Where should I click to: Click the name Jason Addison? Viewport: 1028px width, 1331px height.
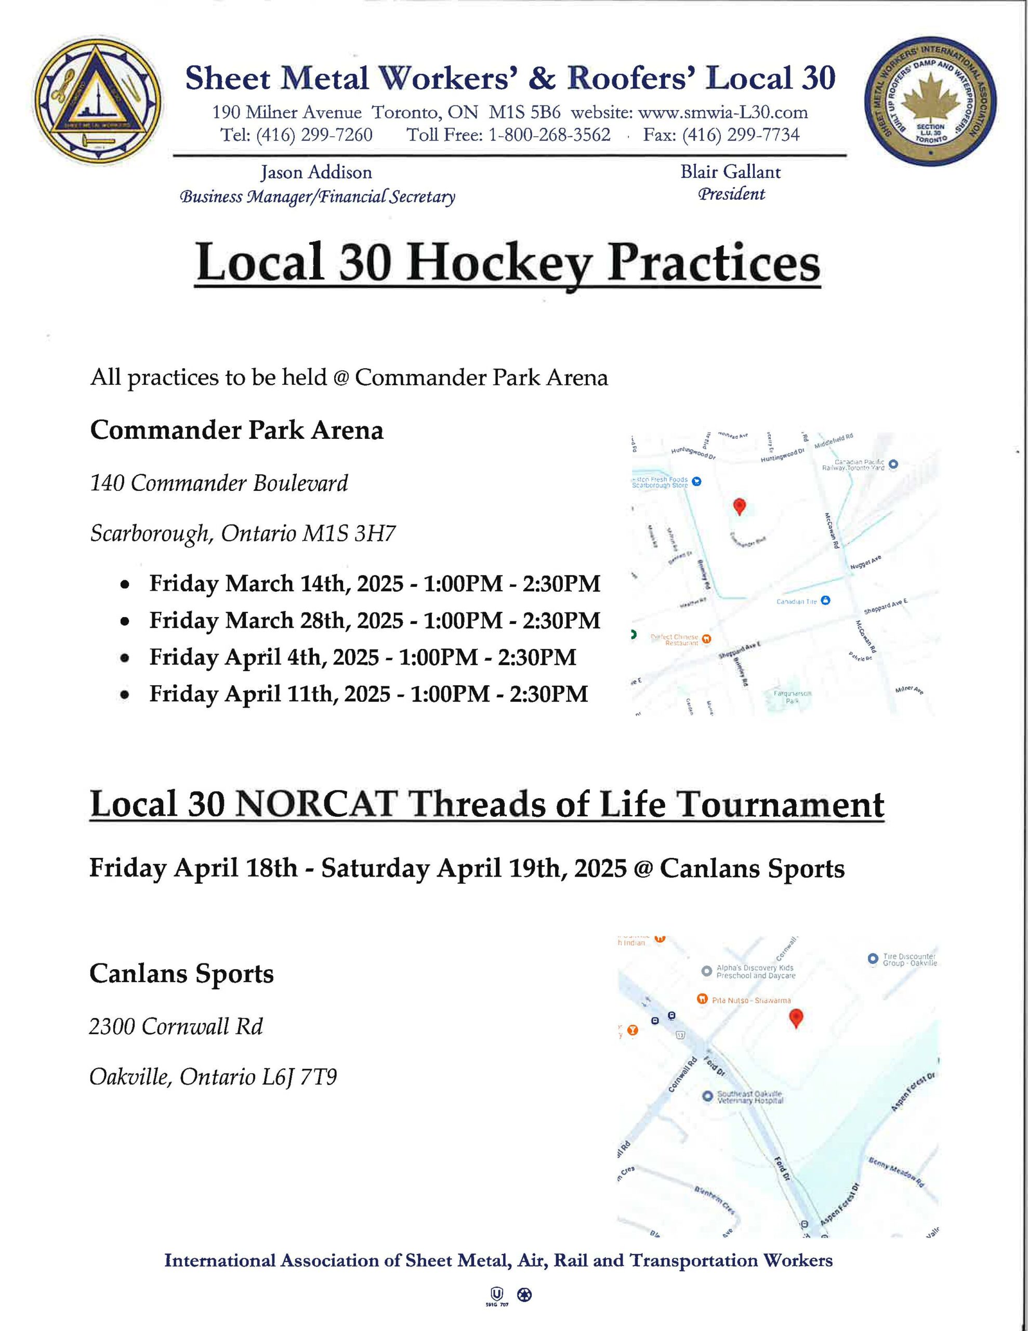tap(317, 173)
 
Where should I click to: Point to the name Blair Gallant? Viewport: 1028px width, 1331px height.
tap(730, 172)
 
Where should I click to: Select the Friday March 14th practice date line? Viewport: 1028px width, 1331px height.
tap(374, 583)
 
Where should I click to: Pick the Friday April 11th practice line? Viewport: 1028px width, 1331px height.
tap(368, 694)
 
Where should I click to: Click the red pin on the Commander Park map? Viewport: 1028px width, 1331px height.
tap(739, 506)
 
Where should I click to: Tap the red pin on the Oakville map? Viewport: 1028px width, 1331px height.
tap(795, 1016)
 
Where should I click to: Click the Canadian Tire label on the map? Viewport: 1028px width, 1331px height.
tap(796, 602)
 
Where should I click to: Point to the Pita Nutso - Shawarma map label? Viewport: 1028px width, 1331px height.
tap(751, 1000)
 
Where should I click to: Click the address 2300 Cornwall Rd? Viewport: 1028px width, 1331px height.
tap(176, 1026)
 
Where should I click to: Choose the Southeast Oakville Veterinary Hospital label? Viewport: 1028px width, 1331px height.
tap(749, 1097)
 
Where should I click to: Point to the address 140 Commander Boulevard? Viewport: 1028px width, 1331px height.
tap(219, 484)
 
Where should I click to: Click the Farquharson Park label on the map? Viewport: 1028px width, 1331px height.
tap(792, 697)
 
